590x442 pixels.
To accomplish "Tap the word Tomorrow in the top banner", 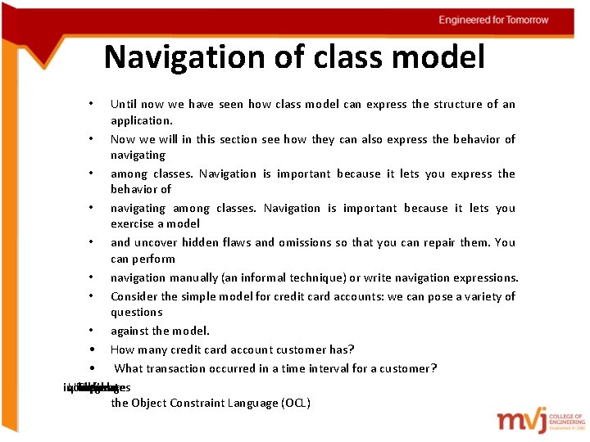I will [x=522, y=20].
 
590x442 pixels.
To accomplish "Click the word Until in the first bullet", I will [x=124, y=104].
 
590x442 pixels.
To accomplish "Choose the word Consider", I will [x=137, y=295].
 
